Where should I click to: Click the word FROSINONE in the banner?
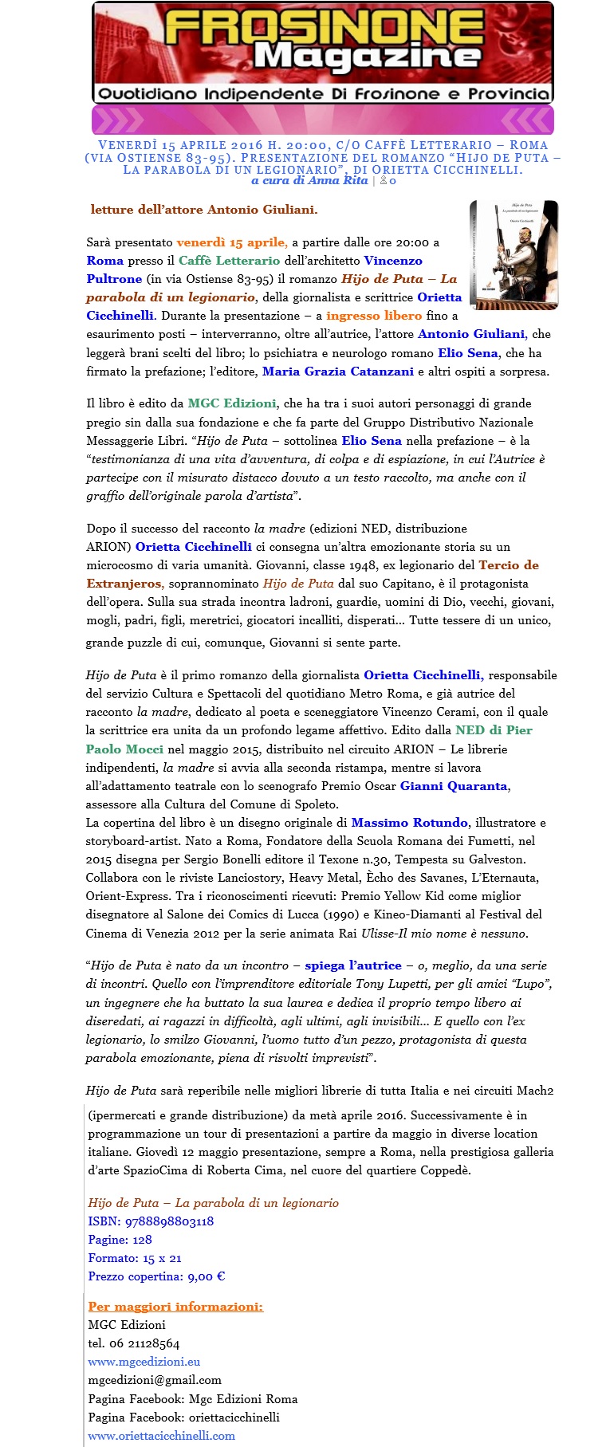[325, 29]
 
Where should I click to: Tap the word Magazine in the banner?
[368, 57]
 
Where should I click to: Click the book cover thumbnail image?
[514, 255]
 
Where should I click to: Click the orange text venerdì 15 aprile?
[232, 242]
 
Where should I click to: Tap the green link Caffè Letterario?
[229, 261]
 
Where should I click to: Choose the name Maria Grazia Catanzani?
[338, 372]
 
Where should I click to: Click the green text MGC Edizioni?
[232, 403]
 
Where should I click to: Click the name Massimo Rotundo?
[409, 823]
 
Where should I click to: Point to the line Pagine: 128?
[120, 1240]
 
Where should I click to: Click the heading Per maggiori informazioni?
[175, 1307]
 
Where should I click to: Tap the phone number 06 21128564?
[144, 1343]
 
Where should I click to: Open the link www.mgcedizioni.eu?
[144, 1362]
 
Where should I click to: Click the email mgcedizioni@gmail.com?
[155, 1380]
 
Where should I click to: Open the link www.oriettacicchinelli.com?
[161, 1436]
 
